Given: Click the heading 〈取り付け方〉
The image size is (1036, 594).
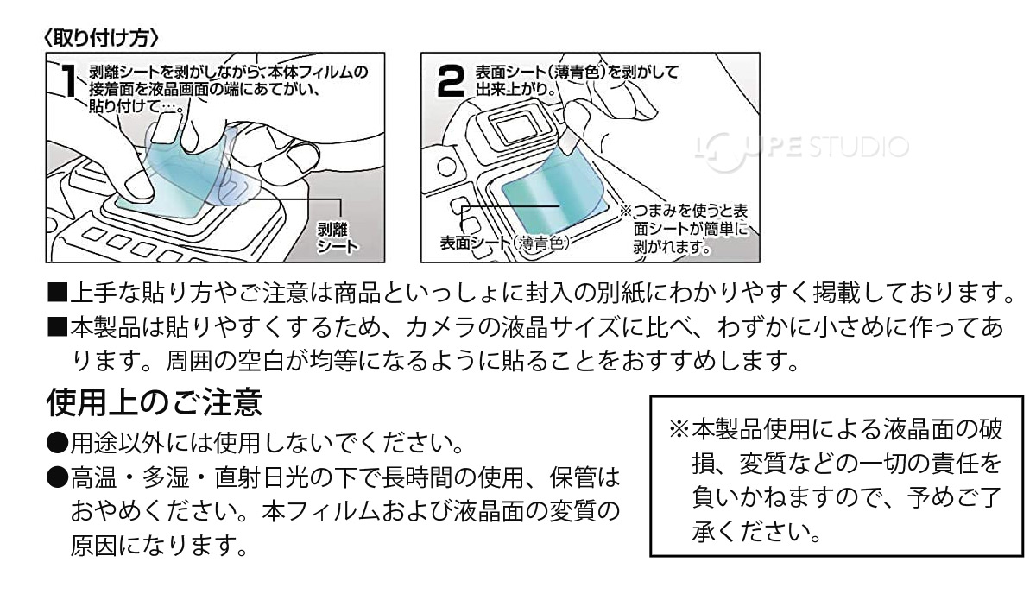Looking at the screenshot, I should click(x=101, y=38).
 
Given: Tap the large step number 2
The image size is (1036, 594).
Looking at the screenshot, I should click(x=451, y=84).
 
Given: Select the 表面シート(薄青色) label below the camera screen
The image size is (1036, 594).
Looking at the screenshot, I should click(x=505, y=243).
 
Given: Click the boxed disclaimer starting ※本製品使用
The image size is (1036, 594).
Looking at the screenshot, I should click(x=833, y=479).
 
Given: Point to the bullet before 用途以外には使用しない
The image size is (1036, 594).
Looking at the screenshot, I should click(x=57, y=444).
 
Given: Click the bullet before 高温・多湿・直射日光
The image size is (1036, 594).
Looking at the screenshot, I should click(x=57, y=477).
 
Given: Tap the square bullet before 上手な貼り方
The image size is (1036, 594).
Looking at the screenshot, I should click(x=57, y=293).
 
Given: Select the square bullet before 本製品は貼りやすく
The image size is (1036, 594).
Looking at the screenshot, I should click(x=57, y=328).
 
